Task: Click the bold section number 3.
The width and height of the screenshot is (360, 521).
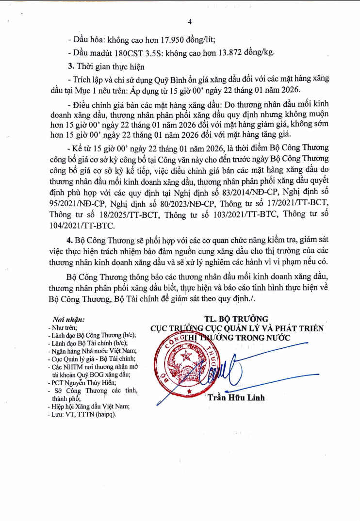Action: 70,66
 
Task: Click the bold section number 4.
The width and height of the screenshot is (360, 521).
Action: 70,241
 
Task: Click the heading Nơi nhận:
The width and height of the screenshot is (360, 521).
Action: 68,320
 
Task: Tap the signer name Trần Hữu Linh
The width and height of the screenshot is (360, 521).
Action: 236,398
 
